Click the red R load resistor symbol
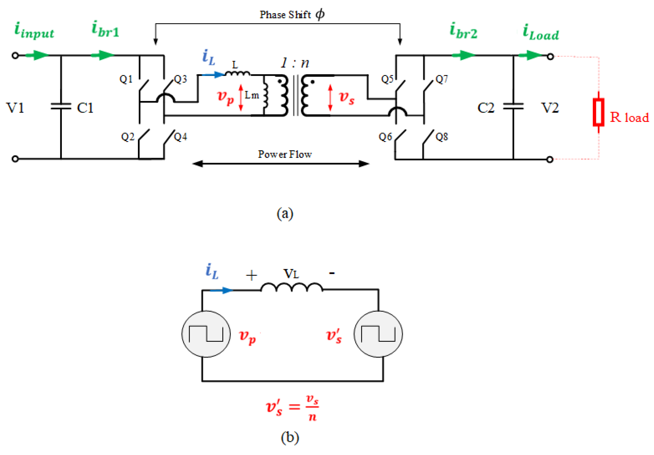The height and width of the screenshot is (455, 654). pyautogui.click(x=598, y=112)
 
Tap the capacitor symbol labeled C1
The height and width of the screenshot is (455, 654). pyautogui.click(x=61, y=106)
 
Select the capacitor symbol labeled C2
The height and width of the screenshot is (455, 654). pyautogui.click(x=513, y=106)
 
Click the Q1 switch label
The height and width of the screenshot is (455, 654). pyautogui.click(x=126, y=79)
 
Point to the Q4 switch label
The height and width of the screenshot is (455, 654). pyautogui.click(x=181, y=137)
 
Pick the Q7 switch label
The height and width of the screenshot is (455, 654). pyautogui.click(x=442, y=79)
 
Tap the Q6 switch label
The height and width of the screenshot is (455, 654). pyautogui.click(x=385, y=137)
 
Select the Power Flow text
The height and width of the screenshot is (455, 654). pyautogui.click(x=285, y=154)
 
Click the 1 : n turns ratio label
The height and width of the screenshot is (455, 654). pyautogui.click(x=295, y=63)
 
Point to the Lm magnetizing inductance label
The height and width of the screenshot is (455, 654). pyautogui.click(x=252, y=95)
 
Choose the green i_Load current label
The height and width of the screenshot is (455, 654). pyautogui.click(x=541, y=32)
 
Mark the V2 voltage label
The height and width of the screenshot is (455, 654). pyautogui.click(x=550, y=108)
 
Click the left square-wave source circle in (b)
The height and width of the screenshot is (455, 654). pyautogui.click(x=206, y=334)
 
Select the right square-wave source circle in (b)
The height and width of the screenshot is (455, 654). pyautogui.click(x=378, y=334)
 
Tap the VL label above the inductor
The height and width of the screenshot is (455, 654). pyautogui.click(x=291, y=274)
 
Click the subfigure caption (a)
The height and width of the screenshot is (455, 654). pyautogui.click(x=285, y=214)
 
